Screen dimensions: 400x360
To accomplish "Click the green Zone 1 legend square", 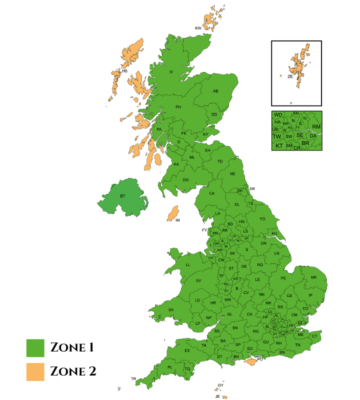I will click(35, 347).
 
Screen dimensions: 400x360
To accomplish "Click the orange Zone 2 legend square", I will click(35, 372).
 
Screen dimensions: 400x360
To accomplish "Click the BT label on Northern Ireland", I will click(122, 196).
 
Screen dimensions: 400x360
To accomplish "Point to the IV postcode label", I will click(171, 72).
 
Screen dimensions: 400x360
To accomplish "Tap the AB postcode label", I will click(216, 91).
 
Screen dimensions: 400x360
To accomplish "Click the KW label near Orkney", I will click(198, 28).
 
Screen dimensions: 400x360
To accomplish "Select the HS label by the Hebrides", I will click(125, 71).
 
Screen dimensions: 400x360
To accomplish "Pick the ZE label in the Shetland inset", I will click(290, 76).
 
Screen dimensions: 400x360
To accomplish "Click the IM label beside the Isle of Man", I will click(177, 220).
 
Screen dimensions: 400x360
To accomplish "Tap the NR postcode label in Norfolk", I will click(313, 277).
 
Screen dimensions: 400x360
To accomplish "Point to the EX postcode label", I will click(187, 350).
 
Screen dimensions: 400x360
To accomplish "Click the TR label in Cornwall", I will click(133, 378).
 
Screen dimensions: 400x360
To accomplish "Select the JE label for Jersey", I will click(217, 396).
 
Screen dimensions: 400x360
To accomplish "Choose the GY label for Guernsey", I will click(220, 385).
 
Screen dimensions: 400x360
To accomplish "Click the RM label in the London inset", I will click(316, 127).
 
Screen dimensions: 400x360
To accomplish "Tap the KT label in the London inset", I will click(279, 146).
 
